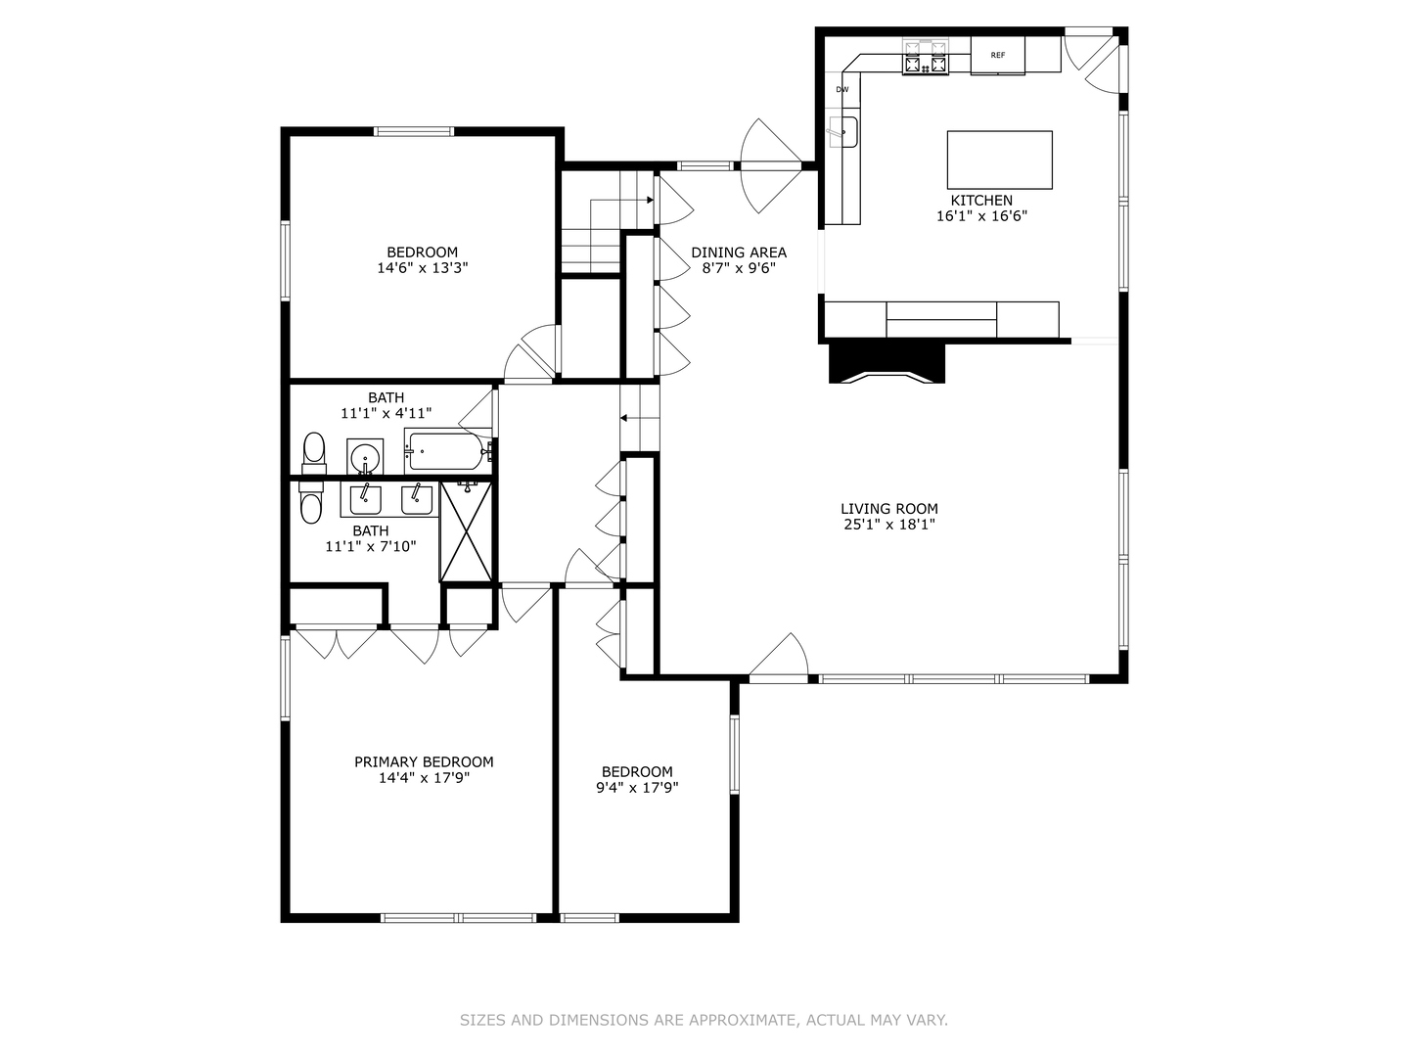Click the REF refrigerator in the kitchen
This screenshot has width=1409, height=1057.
click(x=997, y=56)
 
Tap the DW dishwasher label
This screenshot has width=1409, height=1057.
click(x=841, y=90)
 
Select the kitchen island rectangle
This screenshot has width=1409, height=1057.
click(x=999, y=160)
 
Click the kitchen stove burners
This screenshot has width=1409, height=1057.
click(x=926, y=58)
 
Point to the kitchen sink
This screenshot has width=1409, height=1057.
click(x=843, y=131)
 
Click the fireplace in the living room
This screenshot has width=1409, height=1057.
click(x=886, y=362)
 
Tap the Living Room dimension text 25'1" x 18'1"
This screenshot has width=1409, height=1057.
click(x=888, y=525)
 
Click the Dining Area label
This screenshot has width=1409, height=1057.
click(x=738, y=253)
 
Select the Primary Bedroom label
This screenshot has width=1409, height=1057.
click(x=424, y=761)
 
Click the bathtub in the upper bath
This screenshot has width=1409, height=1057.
click(x=445, y=452)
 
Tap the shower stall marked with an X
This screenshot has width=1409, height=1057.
click(x=466, y=530)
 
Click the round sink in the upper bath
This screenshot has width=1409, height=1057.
click(x=365, y=456)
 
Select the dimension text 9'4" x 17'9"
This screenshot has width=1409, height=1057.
click(x=637, y=787)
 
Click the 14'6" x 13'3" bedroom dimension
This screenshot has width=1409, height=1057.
click(x=423, y=268)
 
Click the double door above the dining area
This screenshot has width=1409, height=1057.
click(x=772, y=165)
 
